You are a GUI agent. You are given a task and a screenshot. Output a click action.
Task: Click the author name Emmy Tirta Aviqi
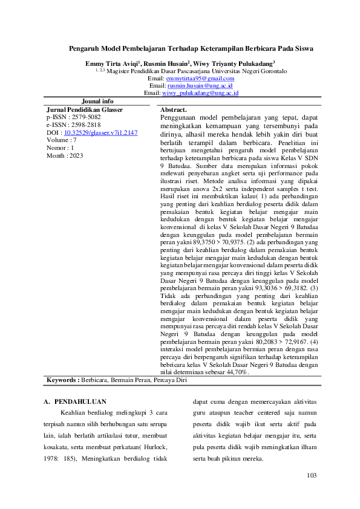click(113, 63)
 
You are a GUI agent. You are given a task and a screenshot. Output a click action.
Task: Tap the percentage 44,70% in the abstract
click(237, 355)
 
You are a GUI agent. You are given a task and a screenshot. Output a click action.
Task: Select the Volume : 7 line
click(62, 140)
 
